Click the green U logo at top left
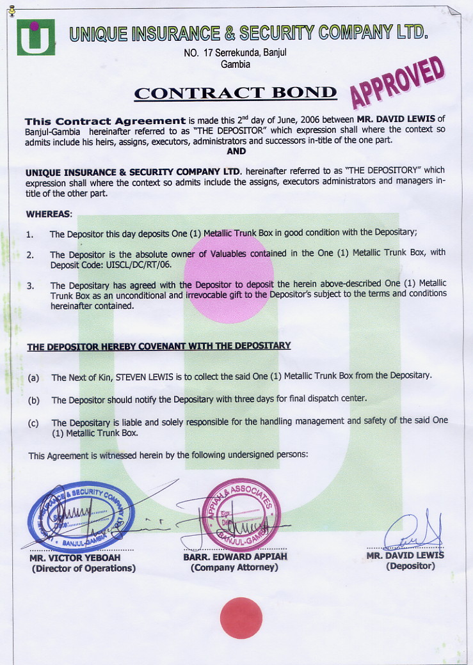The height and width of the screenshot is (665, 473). tap(36, 37)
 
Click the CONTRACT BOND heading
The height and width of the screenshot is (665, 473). tap(235, 93)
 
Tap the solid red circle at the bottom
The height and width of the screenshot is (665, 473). tap(241, 618)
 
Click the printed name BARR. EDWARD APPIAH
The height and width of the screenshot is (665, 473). tap(235, 557)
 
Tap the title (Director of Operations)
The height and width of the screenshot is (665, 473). tap(84, 568)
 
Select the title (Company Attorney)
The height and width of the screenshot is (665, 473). tap(234, 567)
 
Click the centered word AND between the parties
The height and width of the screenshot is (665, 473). tap(236, 152)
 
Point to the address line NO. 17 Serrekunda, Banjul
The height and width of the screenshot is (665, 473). tap(235, 53)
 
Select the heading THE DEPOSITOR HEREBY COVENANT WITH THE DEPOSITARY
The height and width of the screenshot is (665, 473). tap(159, 346)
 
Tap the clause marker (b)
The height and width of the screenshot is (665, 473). tap(34, 400)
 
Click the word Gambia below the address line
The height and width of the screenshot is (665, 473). tap(235, 64)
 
